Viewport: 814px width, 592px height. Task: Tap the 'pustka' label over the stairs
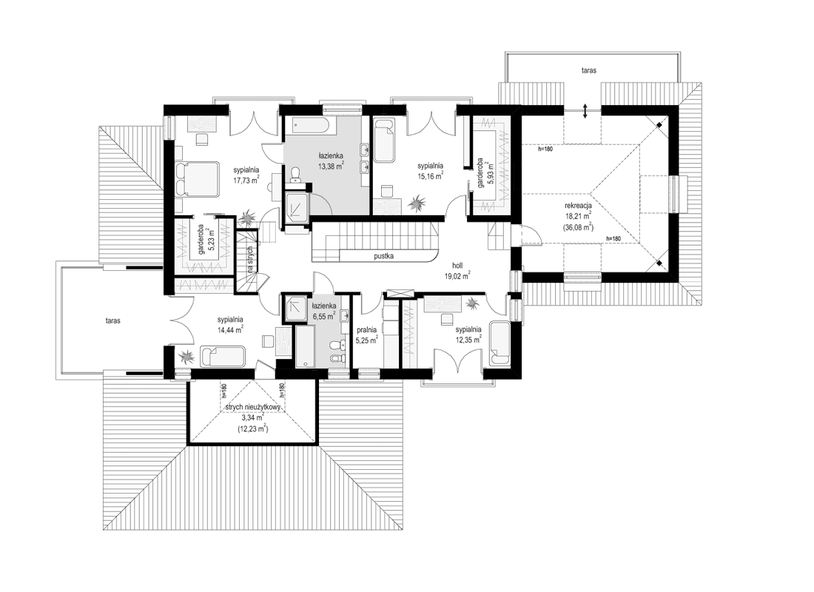(x=383, y=256)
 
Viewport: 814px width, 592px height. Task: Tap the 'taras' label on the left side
(x=112, y=321)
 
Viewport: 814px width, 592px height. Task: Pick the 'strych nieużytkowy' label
(x=252, y=406)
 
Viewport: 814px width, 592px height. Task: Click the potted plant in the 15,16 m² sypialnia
(x=419, y=199)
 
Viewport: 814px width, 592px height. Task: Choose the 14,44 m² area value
(x=231, y=331)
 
